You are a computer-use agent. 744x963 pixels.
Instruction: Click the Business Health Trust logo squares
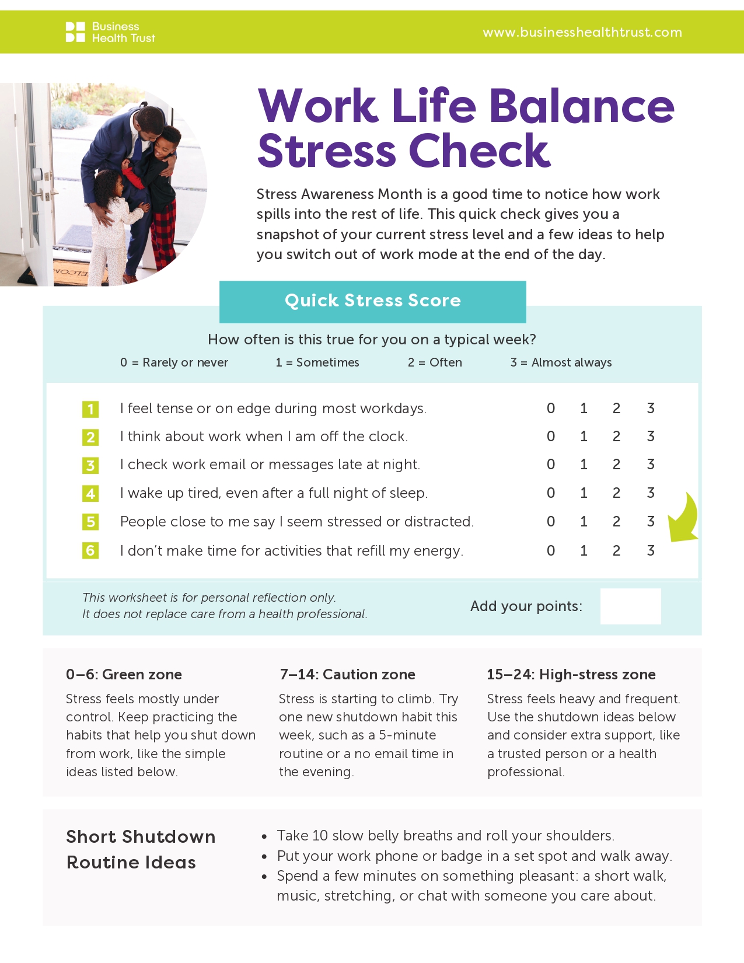(x=75, y=32)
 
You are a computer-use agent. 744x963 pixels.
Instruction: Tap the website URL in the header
(x=582, y=32)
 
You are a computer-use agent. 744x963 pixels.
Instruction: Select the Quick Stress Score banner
(x=372, y=301)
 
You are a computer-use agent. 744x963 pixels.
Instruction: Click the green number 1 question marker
(x=90, y=409)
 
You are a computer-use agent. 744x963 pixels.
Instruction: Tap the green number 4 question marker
(x=90, y=494)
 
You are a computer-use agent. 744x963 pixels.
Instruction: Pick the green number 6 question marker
(x=90, y=550)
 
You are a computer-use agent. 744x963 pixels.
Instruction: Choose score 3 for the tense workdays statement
(x=650, y=409)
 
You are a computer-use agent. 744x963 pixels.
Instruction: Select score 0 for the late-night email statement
(x=550, y=465)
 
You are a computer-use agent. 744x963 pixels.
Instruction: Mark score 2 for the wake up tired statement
(x=616, y=493)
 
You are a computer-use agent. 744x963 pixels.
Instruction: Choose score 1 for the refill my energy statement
(x=584, y=550)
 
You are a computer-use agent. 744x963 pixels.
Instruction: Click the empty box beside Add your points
(x=630, y=606)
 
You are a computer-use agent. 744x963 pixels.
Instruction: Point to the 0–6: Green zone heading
(x=124, y=675)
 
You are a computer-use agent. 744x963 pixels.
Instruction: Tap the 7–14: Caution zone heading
(x=347, y=675)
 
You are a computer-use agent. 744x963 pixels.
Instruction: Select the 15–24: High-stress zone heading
(x=571, y=675)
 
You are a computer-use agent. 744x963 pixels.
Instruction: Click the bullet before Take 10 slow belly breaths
(x=264, y=836)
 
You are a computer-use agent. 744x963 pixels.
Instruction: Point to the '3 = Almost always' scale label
(x=561, y=362)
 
